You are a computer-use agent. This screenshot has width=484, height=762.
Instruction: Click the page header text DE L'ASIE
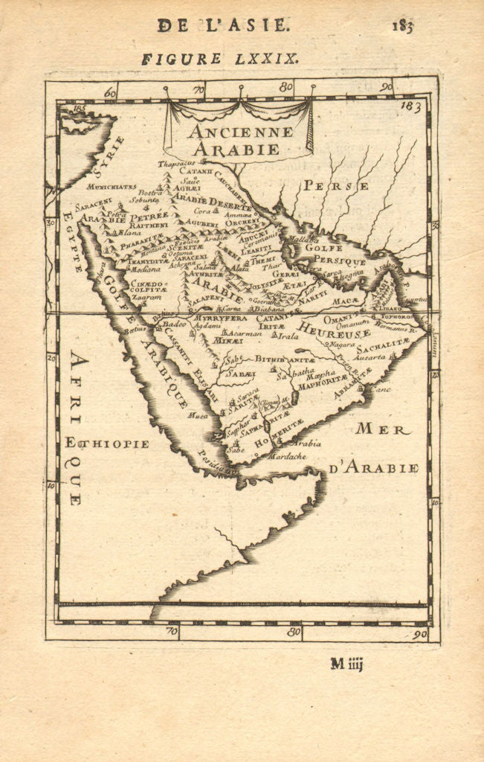coord(222,25)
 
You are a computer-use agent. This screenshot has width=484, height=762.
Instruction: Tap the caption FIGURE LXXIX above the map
coord(219,59)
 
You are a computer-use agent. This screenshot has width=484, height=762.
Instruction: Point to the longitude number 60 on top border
coord(111,92)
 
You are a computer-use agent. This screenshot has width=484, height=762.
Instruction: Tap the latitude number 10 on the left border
coord(51,486)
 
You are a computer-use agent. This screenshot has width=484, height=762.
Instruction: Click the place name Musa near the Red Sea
coord(198,415)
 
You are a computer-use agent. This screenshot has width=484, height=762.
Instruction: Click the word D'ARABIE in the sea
coord(373,467)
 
